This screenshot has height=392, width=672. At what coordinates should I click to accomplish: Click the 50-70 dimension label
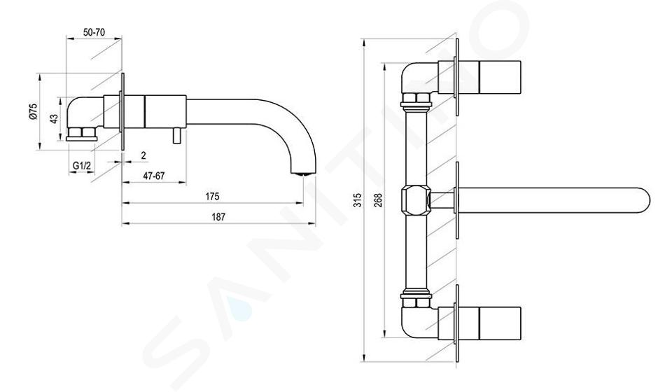coord(94,32)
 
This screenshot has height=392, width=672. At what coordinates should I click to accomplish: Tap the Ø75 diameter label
coord(33,111)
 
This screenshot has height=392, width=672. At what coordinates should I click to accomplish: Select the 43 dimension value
coord(54,119)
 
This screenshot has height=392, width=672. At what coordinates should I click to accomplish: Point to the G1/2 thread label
coord(82,165)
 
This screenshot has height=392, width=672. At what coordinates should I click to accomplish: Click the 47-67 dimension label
coord(154,176)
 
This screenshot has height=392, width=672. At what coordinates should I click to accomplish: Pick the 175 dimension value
coord(212,196)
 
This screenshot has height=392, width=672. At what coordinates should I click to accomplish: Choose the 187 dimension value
coord(218,217)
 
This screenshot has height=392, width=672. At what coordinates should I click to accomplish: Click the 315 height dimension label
coord(358,200)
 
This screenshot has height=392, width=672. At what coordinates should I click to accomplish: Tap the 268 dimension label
coord(378,200)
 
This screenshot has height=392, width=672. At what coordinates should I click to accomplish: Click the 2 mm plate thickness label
coord(143,155)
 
